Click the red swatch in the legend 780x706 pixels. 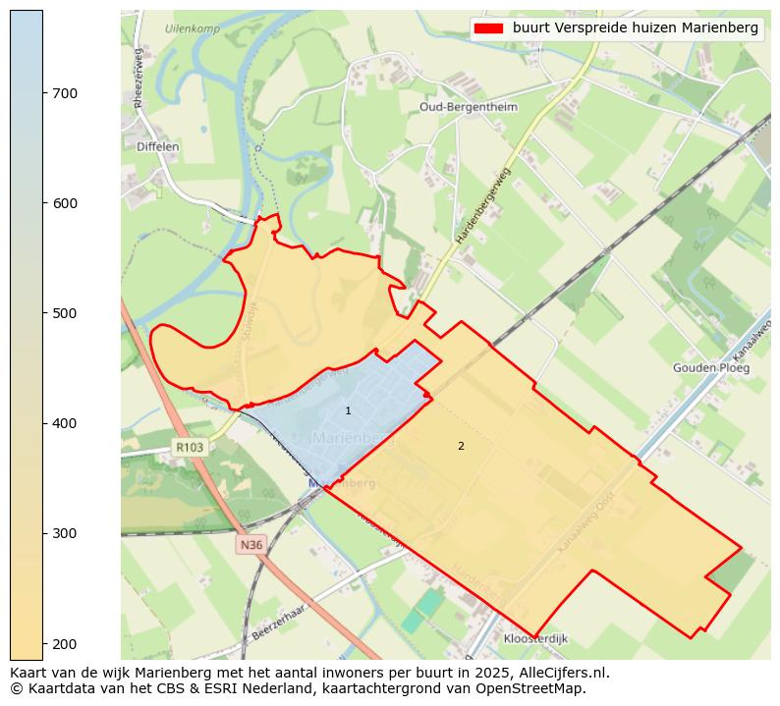point(488,28)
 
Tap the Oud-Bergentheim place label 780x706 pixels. point(468,106)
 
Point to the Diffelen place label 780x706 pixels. point(157,146)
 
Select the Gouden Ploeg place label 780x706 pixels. point(711,368)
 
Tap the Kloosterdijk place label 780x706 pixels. point(535,638)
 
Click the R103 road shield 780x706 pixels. point(190,447)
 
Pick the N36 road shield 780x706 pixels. point(251,543)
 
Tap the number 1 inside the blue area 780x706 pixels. point(348,410)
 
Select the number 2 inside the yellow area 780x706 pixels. point(461,446)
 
